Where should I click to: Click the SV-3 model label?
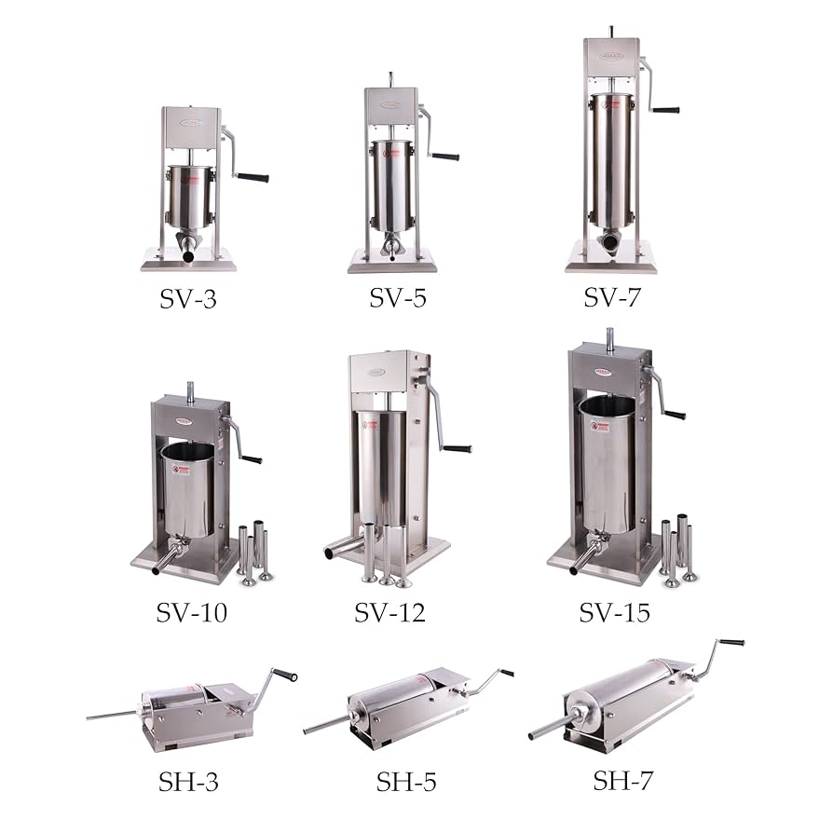(x=189, y=299)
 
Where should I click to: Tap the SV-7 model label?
(x=612, y=297)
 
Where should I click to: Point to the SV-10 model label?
(x=192, y=612)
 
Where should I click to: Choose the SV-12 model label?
(x=389, y=612)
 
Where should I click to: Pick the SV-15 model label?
(x=614, y=612)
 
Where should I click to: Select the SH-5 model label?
(x=406, y=781)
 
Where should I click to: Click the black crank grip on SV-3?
(x=253, y=177)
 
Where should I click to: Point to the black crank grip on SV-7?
(x=665, y=109)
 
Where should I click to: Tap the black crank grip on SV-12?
(x=457, y=448)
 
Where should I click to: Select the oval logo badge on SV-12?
(x=376, y=371)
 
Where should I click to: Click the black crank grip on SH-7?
(x=731, y=642)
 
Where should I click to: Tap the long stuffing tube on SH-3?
(x=112, y=716)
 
